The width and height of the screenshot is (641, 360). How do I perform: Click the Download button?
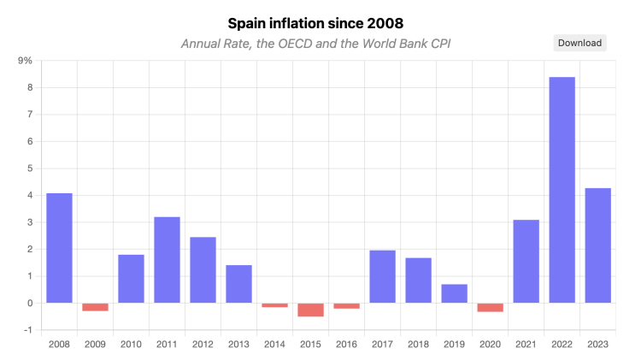pos(579,43)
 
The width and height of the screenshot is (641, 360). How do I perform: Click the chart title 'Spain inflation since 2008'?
pos(320,22)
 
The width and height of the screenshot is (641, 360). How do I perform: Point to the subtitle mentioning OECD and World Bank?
pos(315,44)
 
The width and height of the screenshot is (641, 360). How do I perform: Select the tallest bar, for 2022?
pos(562,190)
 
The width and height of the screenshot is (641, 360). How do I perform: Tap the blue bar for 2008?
pos(59,248)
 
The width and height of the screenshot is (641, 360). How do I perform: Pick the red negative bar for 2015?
pos(310,310)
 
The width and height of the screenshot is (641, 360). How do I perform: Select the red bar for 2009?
pos(95,307)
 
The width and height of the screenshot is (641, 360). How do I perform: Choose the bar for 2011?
pos(167,260)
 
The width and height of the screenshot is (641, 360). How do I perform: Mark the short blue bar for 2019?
pos(454,293)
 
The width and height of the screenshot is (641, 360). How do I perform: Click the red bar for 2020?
pos(490,307)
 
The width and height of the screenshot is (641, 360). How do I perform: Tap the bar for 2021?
pos(526,261)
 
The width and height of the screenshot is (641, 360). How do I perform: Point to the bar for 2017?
pos(382,276)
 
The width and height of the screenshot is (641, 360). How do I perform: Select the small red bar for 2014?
pos(274,305)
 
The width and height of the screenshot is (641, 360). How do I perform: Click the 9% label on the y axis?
pos(25,61)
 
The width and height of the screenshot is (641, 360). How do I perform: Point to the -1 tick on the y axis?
pos(27,330)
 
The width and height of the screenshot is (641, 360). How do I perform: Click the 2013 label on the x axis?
pos(238,344)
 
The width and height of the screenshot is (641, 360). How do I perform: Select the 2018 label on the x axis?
pos(418,344)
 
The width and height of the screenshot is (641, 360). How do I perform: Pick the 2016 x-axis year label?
pos(346,344)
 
